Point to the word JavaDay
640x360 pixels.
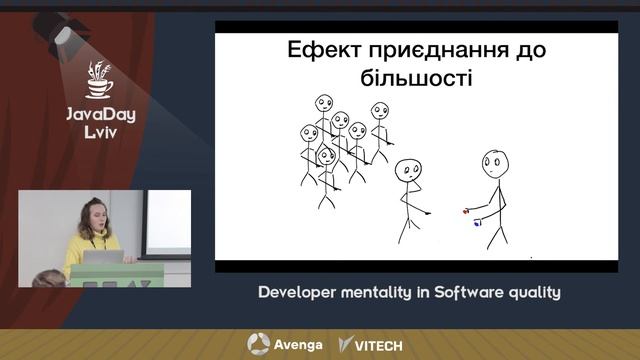(x=100, y=114)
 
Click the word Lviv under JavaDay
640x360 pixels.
(x=100, y=133)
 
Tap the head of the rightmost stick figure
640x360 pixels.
(x=493, y=160)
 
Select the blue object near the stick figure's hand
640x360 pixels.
(x=478, y=223)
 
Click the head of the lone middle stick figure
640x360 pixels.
(x=406, y=170)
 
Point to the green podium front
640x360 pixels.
(x=116, y=274)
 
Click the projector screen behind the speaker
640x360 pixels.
(x=165, y=220)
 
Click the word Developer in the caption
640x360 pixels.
(x=298, y=293)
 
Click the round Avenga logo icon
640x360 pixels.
(x=258, y=344)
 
